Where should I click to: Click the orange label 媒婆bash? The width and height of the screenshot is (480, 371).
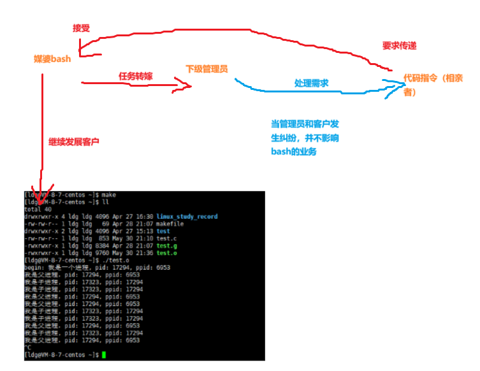[52, 59]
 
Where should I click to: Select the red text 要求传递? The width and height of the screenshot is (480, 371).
[398, 46]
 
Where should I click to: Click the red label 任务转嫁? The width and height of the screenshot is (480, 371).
[135, 76]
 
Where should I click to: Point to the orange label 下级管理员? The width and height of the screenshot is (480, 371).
[207, 68]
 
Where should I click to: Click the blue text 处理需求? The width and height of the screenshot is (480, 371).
[311, 83]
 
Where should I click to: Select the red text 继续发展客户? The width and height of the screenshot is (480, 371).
[74, 141]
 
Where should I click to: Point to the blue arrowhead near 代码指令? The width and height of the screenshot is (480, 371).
[390, 83]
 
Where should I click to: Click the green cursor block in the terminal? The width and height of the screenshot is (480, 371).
[103, 354]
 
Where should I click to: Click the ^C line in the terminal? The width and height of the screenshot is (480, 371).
[27, 347]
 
